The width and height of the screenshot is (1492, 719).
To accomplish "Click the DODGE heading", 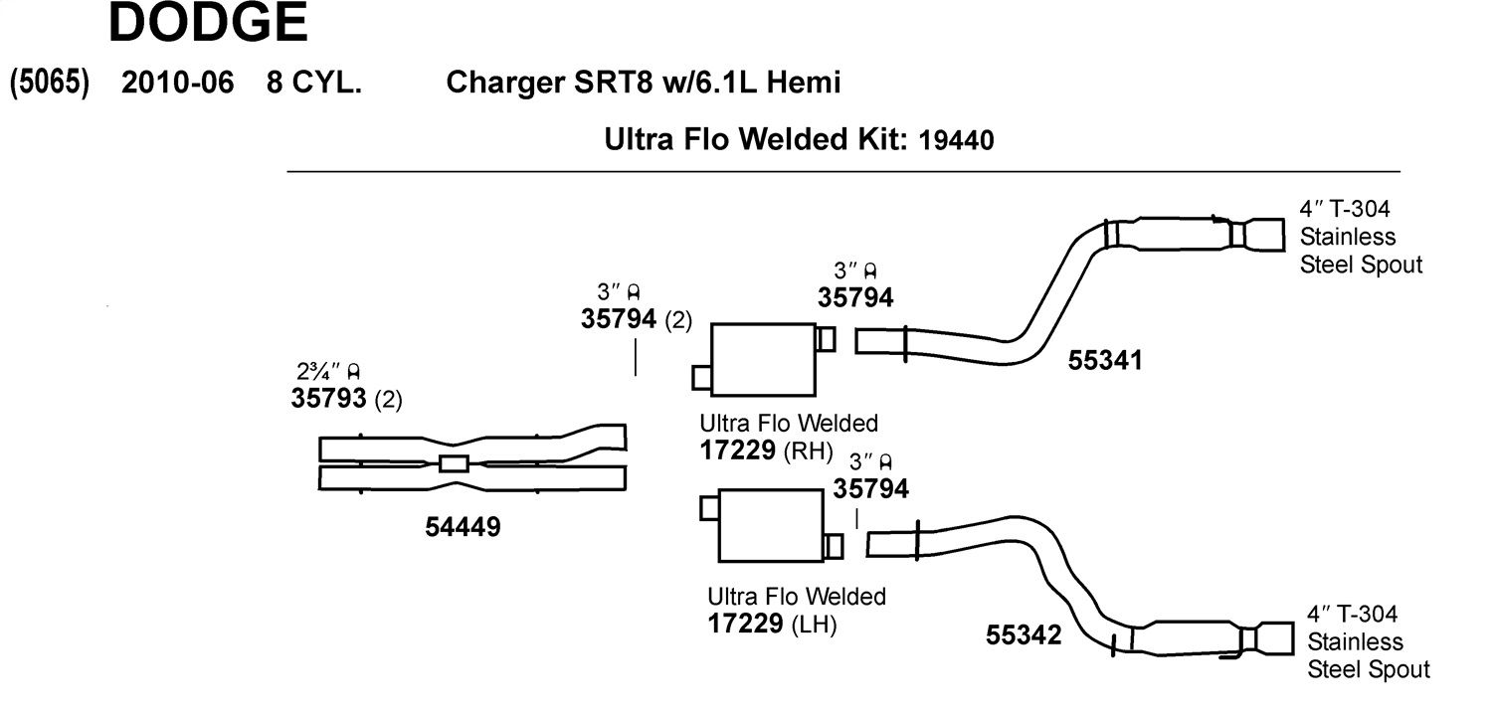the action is coord(208,22).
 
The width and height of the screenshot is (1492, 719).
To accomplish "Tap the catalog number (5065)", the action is coord(50,83).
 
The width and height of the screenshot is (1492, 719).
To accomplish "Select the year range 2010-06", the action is coord(178,83).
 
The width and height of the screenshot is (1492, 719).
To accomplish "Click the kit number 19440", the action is coord(956,140).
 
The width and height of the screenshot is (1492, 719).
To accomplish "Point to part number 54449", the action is coord(463,527).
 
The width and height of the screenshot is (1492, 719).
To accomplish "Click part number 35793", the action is coord(328,398).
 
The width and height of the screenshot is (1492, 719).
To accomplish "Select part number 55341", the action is coord(1105,360).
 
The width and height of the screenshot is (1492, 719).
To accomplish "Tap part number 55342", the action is coord(1024,635).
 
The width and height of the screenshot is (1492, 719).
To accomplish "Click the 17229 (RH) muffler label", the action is coord(767,450).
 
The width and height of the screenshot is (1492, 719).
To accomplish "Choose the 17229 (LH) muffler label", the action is coord(772,624).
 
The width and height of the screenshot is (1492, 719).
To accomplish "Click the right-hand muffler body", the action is coord(763,360).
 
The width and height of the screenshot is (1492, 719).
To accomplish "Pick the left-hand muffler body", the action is coord(771,526).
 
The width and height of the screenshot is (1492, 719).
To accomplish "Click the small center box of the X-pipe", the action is coord(454,463).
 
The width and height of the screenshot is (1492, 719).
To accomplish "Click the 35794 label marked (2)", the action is coord(637,319).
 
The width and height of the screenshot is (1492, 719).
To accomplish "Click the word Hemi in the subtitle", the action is coord(804,83).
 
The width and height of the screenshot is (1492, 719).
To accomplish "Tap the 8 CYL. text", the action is coord(314,83).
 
